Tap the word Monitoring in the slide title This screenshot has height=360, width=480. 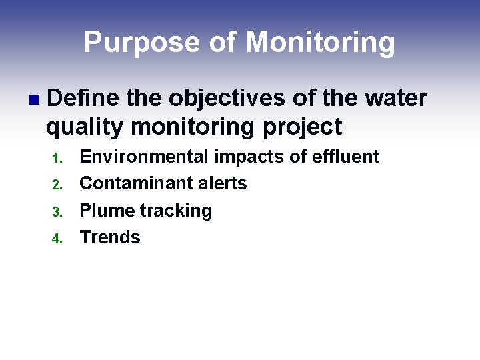321,43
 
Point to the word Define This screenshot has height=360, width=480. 83,98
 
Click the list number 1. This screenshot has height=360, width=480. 57,159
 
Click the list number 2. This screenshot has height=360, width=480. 57,185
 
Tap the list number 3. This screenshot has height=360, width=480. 57,213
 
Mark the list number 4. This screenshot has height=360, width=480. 57,239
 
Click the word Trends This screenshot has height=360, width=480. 110,237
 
